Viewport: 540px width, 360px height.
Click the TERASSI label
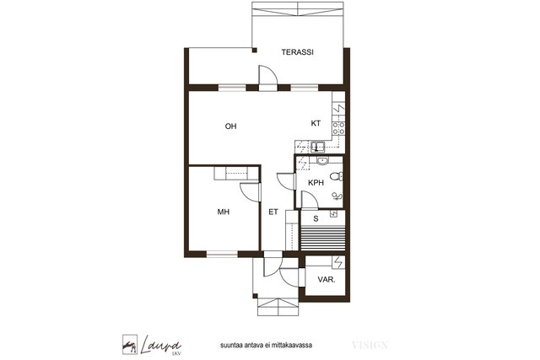[x=297, y=52]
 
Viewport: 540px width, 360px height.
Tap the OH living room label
[x=230, y=126]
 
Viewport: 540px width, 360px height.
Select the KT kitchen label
[x=316, y=123]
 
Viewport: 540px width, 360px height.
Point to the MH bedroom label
[x=224, y=212]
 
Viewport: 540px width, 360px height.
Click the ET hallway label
[x=273, y=212]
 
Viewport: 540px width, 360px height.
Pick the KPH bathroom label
[x=316, y=183]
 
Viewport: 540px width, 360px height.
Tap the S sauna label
[x=316, y=218]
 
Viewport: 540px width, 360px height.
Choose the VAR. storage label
[x=327, y=279]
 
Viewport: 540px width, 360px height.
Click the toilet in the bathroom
[x=336, y=177]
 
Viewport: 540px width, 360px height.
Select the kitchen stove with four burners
[x=338, y=128]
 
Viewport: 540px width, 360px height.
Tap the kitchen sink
[x=317, y=147]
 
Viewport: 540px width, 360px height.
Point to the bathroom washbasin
[x=322, y=160]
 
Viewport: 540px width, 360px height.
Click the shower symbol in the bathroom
[x=337, y=196]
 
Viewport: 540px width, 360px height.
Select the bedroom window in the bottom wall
[x=222, y=255]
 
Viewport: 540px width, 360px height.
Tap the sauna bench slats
[x=322, y=238]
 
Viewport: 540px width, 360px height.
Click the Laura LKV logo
[x=152, y=345]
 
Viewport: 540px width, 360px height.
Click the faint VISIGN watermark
[x=370, y=345]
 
